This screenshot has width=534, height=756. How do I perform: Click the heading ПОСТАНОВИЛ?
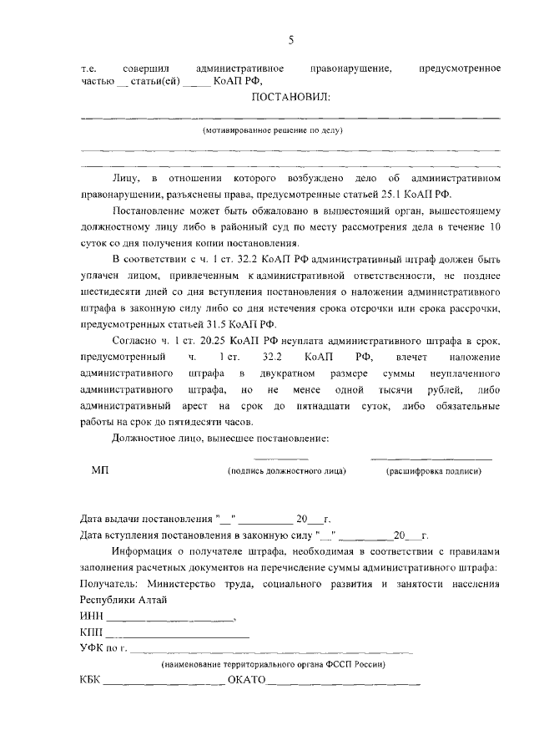point(290,98)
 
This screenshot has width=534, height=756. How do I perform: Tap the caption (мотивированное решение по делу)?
point(273,131)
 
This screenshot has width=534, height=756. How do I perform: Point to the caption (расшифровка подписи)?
point(433,472)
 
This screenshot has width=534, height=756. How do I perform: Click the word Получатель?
point(108,584)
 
